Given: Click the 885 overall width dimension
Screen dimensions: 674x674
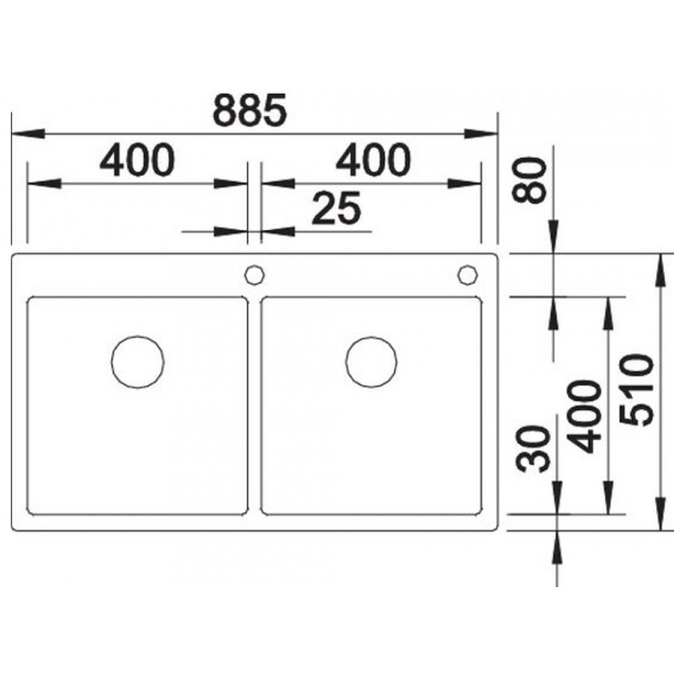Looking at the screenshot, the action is [x=249, y=110].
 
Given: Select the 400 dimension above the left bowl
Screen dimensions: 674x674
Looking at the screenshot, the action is [x=137, y=160].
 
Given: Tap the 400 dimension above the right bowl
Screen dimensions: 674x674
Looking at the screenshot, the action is [x=373, y=160].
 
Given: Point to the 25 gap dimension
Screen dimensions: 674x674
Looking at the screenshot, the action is [x=336, y=209].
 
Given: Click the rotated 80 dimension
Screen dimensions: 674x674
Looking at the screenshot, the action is [x=530, y=179].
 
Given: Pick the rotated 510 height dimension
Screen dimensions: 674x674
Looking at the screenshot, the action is [x=637, y=390].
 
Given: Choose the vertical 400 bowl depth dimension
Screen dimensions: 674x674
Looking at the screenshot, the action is [x=584, y=417].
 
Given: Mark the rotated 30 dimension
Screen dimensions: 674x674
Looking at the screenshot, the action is [x=533, y=449].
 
